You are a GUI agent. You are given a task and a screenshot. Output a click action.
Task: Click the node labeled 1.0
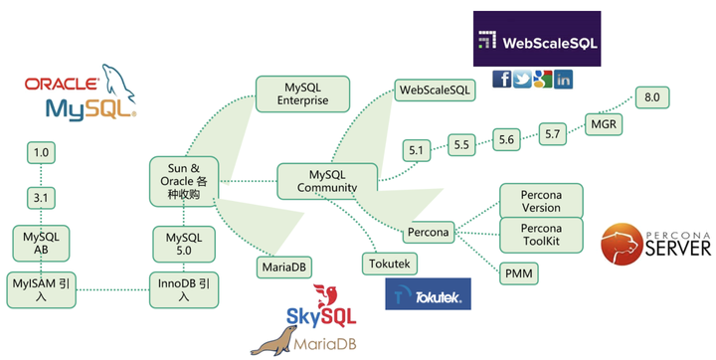[41, 153]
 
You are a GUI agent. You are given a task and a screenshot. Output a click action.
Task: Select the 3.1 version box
[41, 198]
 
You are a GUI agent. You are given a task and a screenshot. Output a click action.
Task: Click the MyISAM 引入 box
[41, 287]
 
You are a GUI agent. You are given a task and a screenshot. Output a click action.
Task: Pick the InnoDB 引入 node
[183, 287]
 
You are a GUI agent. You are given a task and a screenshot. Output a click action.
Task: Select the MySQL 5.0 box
[183, 243]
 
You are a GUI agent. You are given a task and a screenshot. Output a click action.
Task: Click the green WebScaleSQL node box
[436, 90]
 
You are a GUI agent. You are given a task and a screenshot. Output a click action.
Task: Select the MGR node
[603, 124]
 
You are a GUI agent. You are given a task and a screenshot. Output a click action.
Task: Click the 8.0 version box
[652, 97]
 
